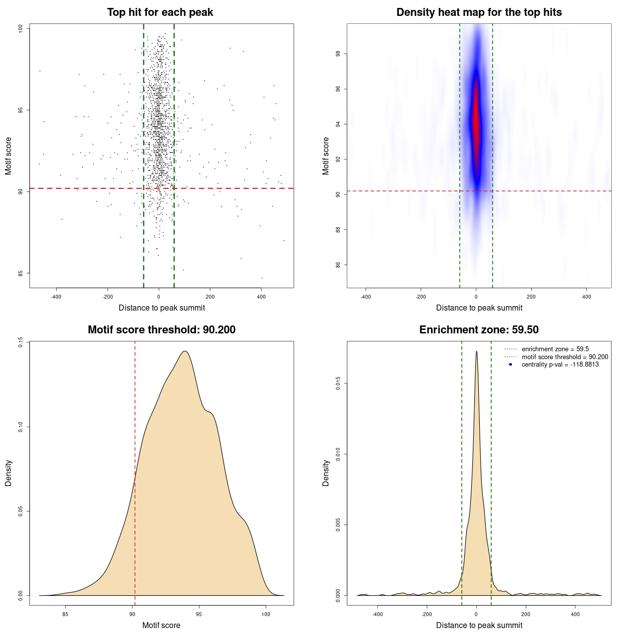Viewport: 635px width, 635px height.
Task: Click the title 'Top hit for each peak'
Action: (160, 12)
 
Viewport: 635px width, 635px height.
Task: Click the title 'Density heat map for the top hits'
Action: (479, 12)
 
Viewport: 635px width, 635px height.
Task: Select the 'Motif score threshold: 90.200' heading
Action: (161, 330)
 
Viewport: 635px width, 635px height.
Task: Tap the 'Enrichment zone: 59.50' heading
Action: (479, 330)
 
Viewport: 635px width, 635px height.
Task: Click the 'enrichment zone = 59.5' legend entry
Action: (555, 349)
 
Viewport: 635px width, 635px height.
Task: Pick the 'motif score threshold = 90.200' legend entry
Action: (565, 357)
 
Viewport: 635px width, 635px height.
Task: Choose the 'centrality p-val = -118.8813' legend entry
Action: (560, 365)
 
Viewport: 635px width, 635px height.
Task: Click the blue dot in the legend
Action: (510, 365)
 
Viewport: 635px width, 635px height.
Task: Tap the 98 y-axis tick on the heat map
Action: (338, 54)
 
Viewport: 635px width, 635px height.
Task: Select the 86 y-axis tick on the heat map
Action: (338, 265)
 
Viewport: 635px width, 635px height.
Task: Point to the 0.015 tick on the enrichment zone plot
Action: (338, 383)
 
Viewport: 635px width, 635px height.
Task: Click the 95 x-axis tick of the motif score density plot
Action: (199, 614)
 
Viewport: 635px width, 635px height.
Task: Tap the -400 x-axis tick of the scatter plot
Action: (56, 297)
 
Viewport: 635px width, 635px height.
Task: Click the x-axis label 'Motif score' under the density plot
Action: (161, 625)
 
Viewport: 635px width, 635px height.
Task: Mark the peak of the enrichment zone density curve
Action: (476, 351)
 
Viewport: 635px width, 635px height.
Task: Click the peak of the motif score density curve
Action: (185, 351)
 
